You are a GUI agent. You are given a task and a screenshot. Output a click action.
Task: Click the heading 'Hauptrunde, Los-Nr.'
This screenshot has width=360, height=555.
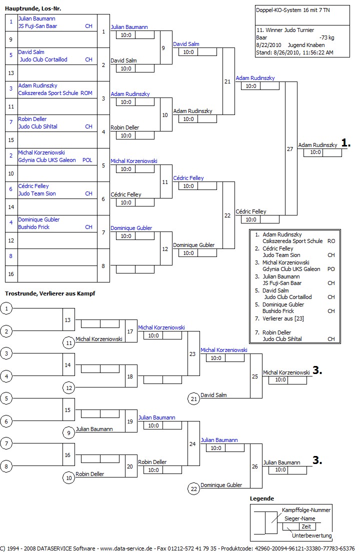tap(33, 8)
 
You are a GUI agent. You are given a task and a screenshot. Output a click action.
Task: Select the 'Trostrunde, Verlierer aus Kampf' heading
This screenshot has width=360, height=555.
tap(50, 293)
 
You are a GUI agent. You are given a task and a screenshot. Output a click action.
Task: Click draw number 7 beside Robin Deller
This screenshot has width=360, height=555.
tap(11, 123)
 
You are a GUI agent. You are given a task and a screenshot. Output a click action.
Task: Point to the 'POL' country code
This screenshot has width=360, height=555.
tap(87, 160)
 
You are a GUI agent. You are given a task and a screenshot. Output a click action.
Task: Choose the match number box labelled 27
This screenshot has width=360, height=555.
tap(290, 149)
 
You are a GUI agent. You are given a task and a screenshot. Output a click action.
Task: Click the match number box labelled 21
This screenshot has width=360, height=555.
tap(228, 81)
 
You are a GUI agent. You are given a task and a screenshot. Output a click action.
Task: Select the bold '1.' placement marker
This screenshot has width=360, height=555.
tap(345, 143)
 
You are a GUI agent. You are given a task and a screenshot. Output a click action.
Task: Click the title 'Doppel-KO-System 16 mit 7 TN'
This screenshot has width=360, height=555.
tap(289, 10)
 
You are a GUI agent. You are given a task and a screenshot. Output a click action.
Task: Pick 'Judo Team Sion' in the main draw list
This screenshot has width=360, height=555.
tap(37, 193)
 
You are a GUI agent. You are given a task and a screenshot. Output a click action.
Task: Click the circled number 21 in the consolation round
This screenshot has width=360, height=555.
tap(193, 398)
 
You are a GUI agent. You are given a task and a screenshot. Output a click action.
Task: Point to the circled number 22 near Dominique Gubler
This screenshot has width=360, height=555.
tap(193, 488)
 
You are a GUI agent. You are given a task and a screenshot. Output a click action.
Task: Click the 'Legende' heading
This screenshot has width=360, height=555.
tap(262, 498)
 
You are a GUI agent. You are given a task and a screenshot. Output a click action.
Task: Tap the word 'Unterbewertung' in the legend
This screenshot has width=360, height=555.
tap(311, 535)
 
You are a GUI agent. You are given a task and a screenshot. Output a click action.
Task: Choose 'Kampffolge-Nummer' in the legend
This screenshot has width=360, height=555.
tap(306, 510)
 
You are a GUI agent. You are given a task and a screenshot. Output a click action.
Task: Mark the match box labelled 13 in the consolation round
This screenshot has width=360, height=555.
tap(68, 319)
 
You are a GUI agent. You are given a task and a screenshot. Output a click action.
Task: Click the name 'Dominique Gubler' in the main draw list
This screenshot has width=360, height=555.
tap(39, 219)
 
